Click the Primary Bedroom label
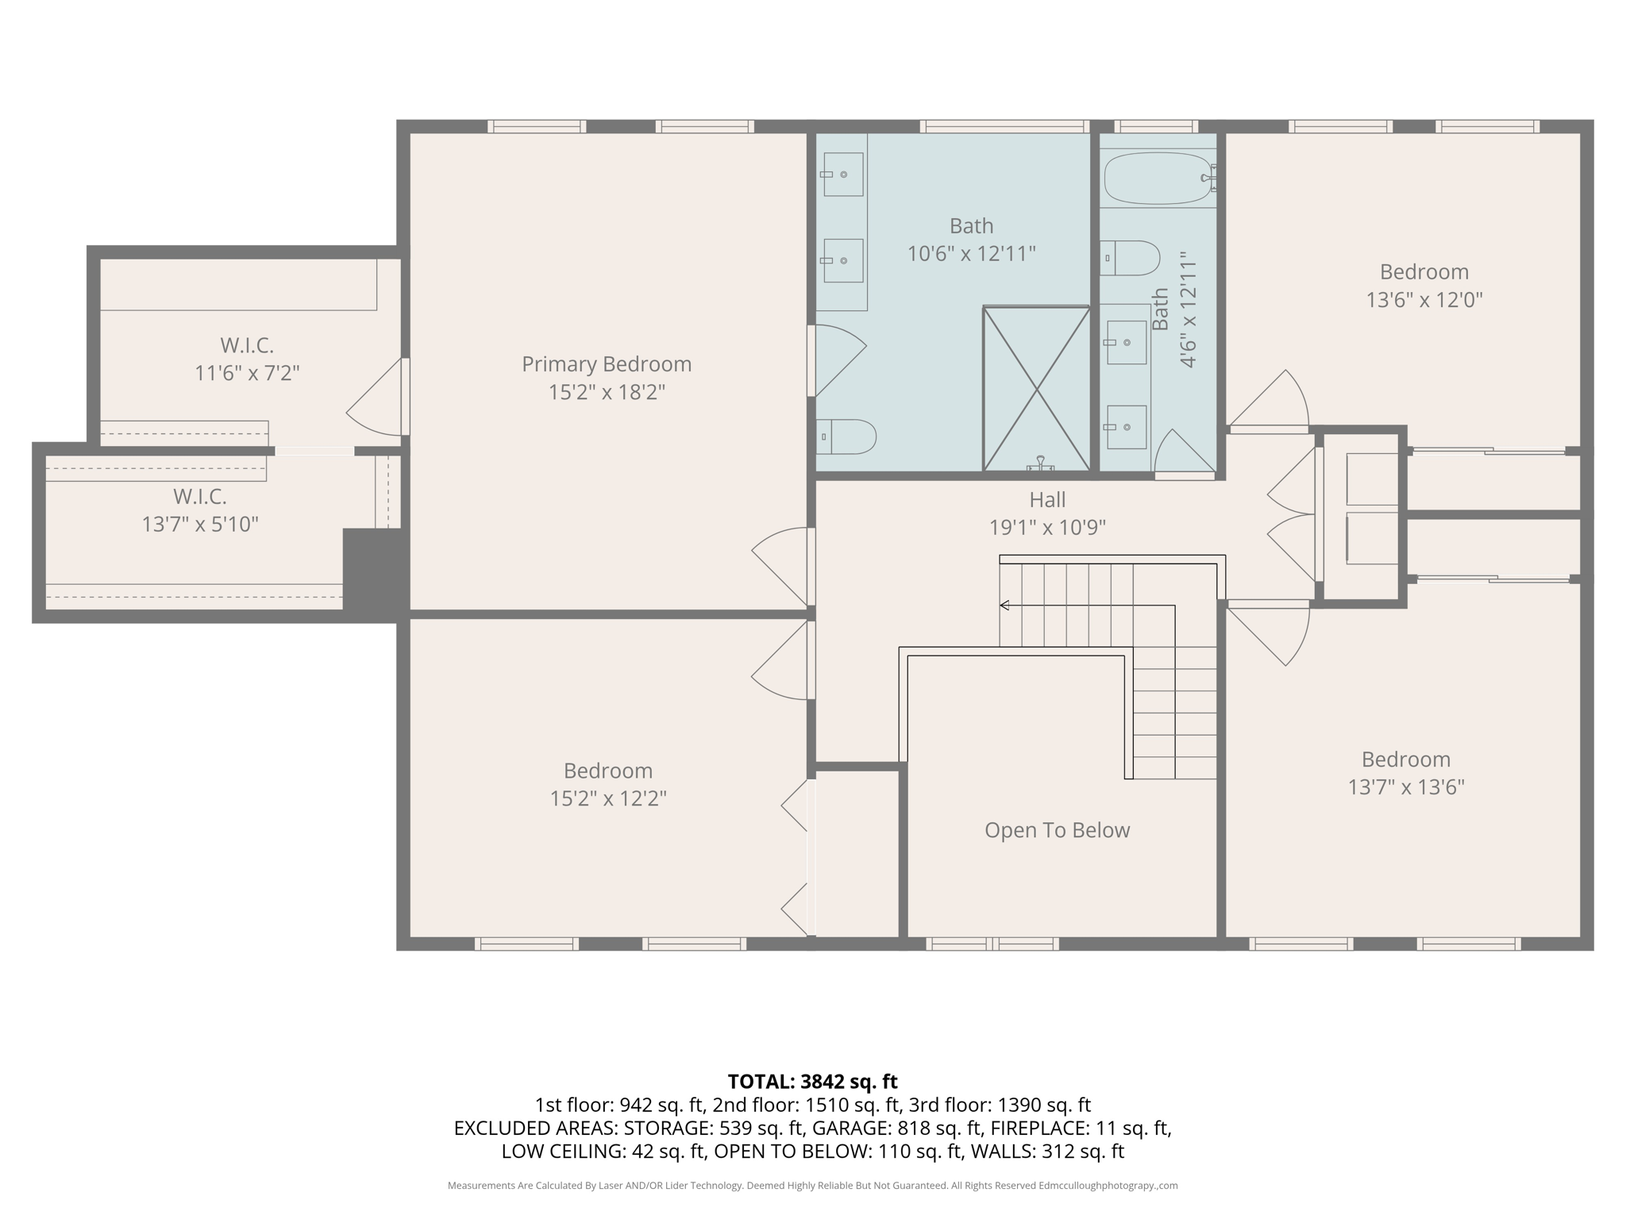607,364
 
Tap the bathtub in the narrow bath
1158,179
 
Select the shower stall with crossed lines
1036,389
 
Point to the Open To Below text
1057,830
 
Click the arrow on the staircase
1005,606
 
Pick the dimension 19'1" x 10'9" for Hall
1047,528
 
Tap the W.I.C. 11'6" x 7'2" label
247,359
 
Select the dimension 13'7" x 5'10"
200,525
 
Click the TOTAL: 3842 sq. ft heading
812,1081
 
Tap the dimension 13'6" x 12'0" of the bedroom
1424,300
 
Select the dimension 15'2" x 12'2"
608,798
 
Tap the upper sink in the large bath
842,175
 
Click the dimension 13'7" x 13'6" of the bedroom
1405,787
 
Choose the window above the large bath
1004,126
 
